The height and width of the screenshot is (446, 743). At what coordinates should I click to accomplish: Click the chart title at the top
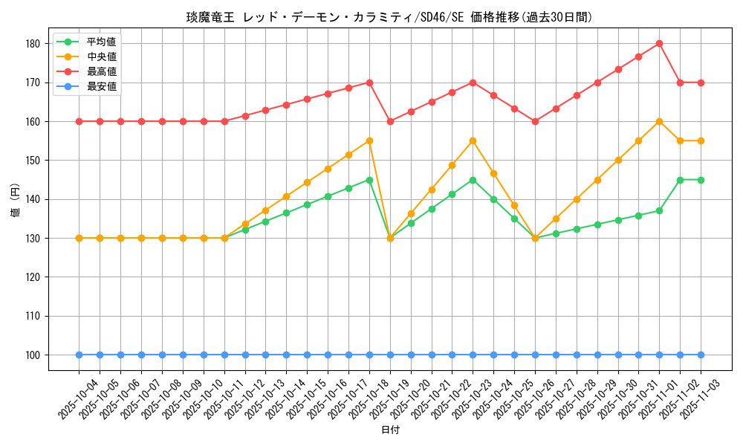[x=389, y=17]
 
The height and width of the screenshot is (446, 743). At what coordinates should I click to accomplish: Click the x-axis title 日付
[x=390, y=430]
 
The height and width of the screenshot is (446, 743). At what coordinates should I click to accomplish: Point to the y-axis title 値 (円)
[x=16, y=199]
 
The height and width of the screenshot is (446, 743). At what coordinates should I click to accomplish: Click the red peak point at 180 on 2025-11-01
[x=659, y=43]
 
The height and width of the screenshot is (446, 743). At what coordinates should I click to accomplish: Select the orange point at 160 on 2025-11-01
[x=659, y=121]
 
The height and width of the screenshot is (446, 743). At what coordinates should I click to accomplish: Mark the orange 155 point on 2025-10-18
[x=369, y=140]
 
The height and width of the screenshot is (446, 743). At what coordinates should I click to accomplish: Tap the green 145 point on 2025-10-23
[x=473, y=180]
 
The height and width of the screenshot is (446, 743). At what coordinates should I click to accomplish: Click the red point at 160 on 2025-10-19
[x=390, y=121]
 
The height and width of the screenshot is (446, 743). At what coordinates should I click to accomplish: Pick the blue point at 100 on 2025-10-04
[x=79, y=355]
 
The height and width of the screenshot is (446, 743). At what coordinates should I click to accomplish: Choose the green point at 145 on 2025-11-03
[x=701, y=180]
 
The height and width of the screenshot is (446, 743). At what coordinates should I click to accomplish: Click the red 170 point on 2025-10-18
[x=369, y=83]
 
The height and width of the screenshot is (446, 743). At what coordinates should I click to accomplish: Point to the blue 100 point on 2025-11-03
[x=701, y=355]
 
